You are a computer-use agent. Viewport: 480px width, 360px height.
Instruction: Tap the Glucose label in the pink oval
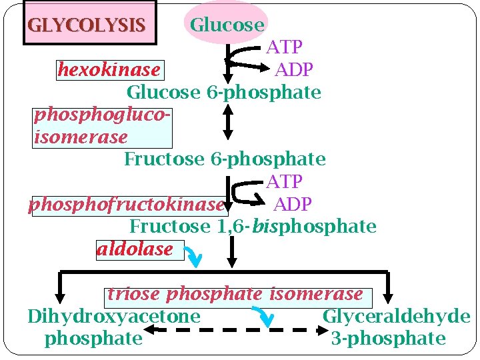(x=227, y=25)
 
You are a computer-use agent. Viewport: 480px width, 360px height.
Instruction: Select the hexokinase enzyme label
(x=109, y=69)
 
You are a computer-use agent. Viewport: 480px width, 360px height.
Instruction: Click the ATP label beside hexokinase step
(x=285, y=47)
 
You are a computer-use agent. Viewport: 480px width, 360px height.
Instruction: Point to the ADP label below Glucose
(x=294, y=69)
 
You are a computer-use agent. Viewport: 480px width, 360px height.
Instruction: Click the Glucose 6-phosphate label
(x=224, y=92)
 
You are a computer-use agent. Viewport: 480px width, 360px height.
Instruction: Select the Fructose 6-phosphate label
(x=225, y=159)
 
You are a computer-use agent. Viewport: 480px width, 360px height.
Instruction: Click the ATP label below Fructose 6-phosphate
(x=285, y=181)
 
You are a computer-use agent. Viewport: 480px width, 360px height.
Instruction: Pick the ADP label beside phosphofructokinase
(x=293, y=203)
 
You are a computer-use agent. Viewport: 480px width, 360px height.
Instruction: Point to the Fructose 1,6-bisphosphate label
(x=253, y=227)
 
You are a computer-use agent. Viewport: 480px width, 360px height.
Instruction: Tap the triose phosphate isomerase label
(x=235, y=294)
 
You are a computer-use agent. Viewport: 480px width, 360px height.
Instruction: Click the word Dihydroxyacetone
(x=114, y=316)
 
